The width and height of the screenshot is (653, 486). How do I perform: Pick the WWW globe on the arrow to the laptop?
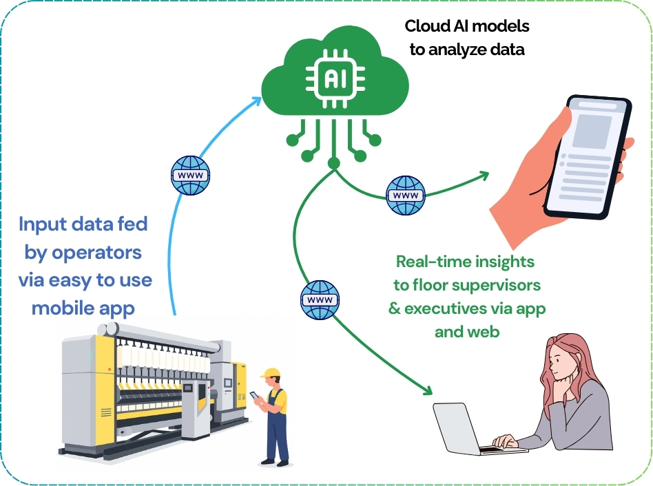(320, 300)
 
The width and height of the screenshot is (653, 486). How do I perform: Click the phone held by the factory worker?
(254, 397)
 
